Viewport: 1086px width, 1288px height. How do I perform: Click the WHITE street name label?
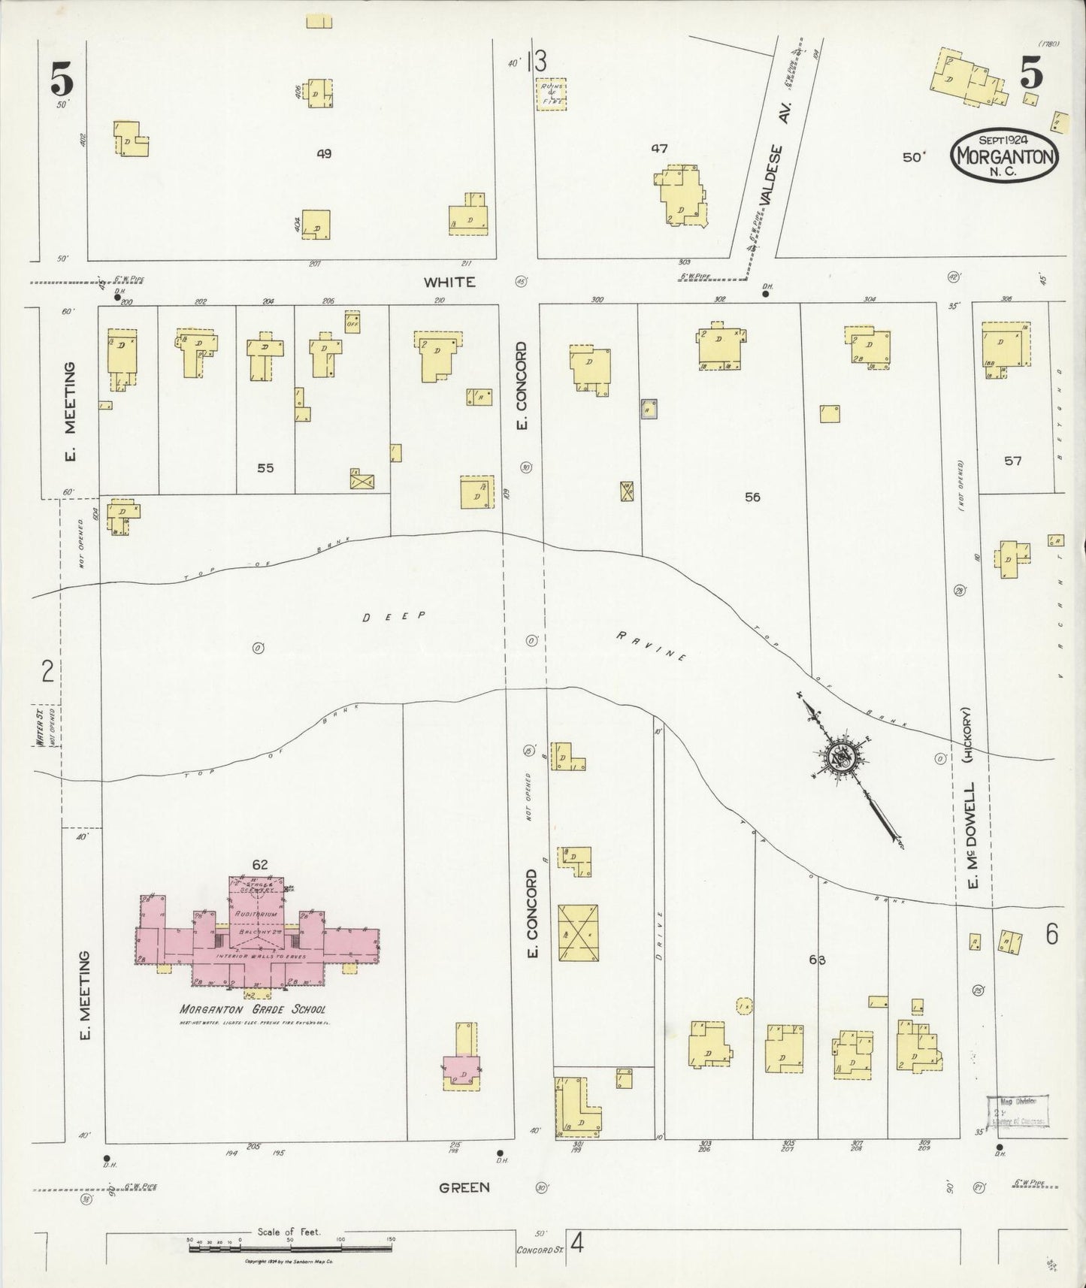click(x=449, y=282)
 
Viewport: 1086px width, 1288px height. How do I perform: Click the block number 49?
click(x=324, y=153)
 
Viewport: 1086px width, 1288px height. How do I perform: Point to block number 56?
click(x=752, y=497)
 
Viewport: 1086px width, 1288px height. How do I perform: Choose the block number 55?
click(x=265, y=468)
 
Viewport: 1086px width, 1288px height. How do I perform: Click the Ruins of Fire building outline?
click(x=552, y=94)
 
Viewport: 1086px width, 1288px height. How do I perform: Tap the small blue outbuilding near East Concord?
click(x=649, y=409)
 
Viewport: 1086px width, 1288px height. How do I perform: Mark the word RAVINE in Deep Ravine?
click(x=652, y=646)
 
